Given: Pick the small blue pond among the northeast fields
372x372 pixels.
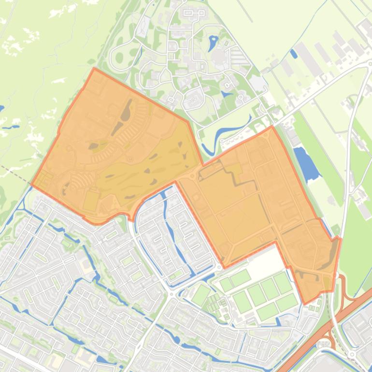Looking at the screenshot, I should click(x=293, y=54).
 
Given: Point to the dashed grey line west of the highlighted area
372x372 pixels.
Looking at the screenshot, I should click(x=14, y=174).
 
